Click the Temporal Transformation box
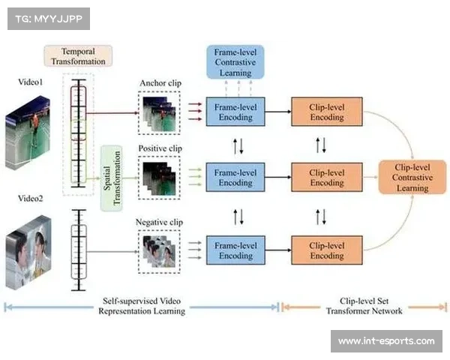pyautogui.click(x=78, y=56)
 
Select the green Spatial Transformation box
pyautogui.click(x=111, y=178)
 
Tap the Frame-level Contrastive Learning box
pyautogui.click(x=235, y=61)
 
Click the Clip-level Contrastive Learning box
pyautogui.click(x=412, y=177)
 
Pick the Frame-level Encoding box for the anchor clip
pyautogui.click(x=235, y=112)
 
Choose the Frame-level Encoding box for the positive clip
pyautogui.click(x=235, y=177)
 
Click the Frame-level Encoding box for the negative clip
pyautogui.click(x=235, y=250)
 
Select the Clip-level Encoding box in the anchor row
pyautogui.click(x=326, y=112)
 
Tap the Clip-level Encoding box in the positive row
pyautogui.click(x=326, y=177)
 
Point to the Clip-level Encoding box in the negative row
pyautogui.click(x=326, y=250)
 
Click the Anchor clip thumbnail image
pyautogui.click(x=160, y=112)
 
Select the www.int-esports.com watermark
pyautogui.click(x=385, y=341)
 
